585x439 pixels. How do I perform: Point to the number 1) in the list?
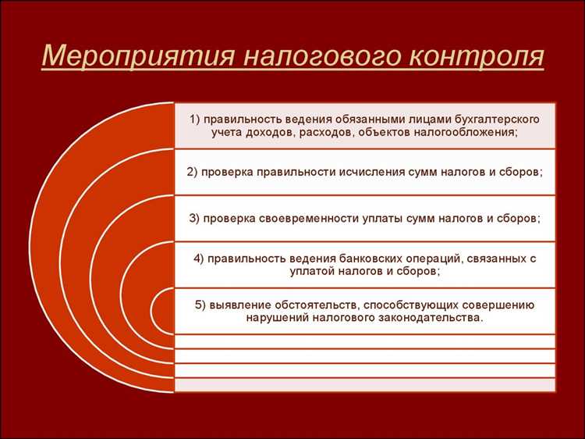(195, 119)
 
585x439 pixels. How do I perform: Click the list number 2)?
(194, 170)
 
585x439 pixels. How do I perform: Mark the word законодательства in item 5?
(424, 319)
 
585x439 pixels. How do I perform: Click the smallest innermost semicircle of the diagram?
(165, 313)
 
